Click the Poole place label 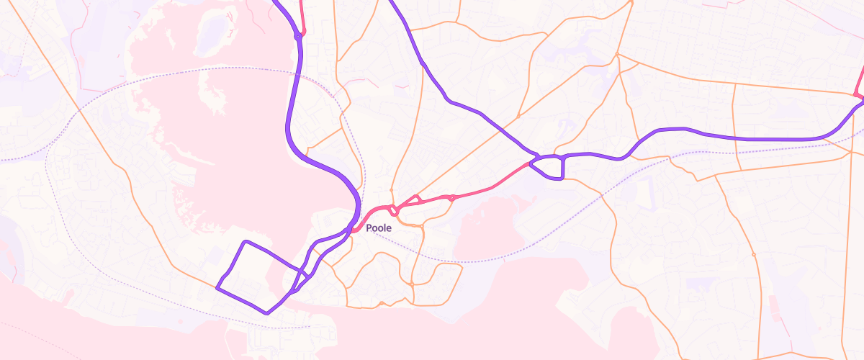[x=379, y=228]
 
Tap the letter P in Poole [x=369, y=228]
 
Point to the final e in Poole [x=389, y=228]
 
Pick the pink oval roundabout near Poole [x=395, y=210]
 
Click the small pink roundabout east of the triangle [x=451, y=197]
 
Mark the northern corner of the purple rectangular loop [x=246, y=242]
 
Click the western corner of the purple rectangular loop [x=217, y=288]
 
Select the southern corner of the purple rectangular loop [x=267, y=312]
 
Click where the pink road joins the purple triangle [x=531, y=164]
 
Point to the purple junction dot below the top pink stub [x=297, y=36]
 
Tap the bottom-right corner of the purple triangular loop [x=562, y=177]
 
